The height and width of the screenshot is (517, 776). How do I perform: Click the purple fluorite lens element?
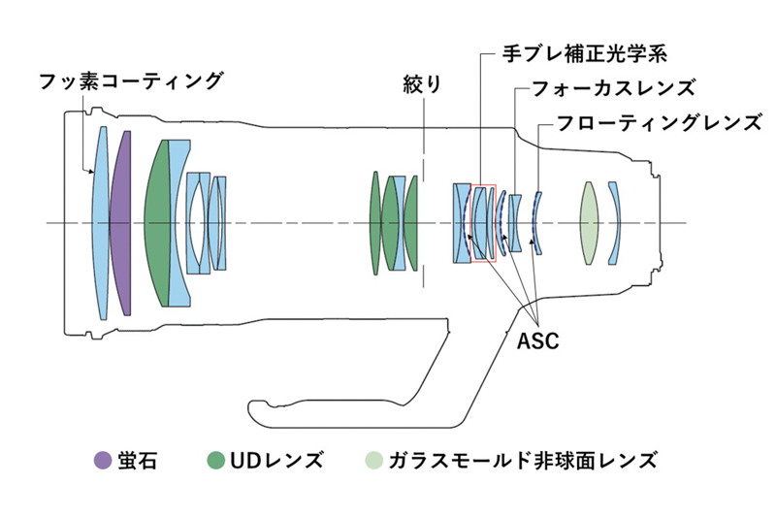(120, 224)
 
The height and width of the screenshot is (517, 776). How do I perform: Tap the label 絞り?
(422, 84)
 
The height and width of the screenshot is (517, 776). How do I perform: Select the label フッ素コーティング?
(132, 79)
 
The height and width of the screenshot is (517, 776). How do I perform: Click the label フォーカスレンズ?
(614, 88)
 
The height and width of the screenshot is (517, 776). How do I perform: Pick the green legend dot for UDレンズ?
(216, 460)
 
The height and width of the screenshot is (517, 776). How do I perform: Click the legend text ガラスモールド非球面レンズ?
(523, 460)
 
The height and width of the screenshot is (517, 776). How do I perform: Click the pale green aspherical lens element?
(588, 223)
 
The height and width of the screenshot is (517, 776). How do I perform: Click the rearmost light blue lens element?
(614, 223)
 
